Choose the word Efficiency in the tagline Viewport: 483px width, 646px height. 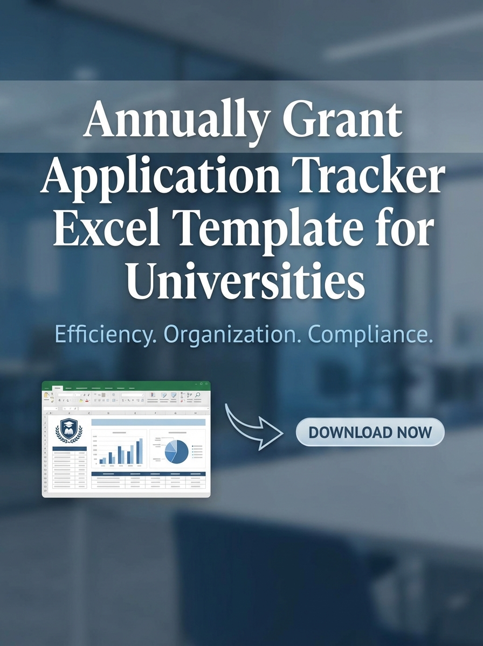point(105,334)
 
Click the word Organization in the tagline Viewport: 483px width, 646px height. point(232,334)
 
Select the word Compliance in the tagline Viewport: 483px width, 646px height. point(370,334)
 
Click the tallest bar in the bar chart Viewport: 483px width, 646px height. point(141,451)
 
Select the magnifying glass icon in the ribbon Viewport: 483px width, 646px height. point(198,395)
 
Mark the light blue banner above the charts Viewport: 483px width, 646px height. point(148,423)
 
